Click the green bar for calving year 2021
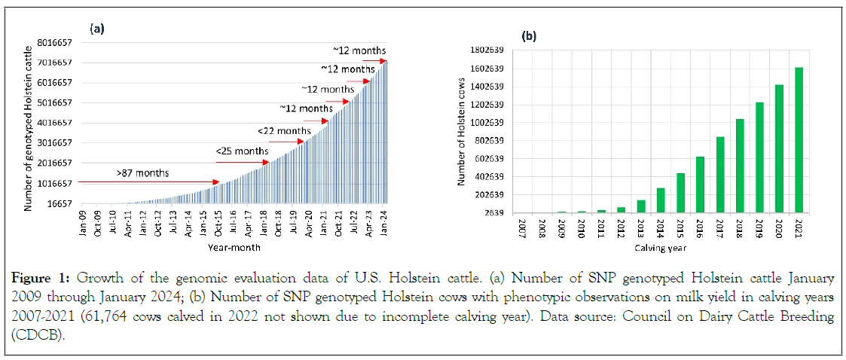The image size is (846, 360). (x=799, y=140)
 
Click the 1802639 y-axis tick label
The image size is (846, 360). (x=487, y=50)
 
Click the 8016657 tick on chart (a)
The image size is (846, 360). (x=57, y=43)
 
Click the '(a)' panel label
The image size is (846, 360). (x=96, y=29)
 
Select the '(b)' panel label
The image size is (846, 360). (x=530, y=35)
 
